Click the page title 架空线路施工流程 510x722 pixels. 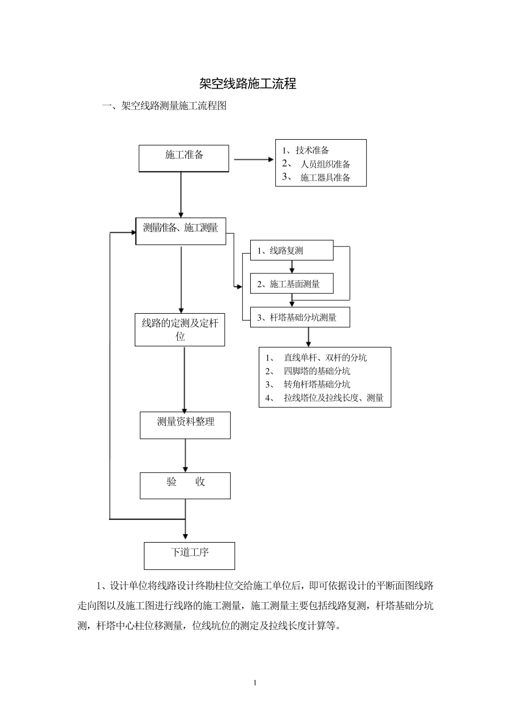pos(247,84)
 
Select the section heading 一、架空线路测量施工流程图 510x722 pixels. pos(164,106)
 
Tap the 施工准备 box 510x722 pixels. pos(184,158)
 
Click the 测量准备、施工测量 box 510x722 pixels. pos(181,231)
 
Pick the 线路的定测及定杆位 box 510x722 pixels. pos(180,330)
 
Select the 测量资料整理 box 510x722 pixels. pos(185,425)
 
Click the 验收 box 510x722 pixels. pos(185,485)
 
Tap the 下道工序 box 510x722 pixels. pos(189,555)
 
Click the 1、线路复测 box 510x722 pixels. pos(292,251)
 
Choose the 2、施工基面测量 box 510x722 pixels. pos(292,284)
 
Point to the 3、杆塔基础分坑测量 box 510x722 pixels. pos(300,317)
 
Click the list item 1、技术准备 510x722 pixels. pos(306,150)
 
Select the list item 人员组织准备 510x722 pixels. pos(325,164)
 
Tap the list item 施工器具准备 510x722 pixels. pos(325,178)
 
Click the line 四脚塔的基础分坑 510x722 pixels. pos(317,371)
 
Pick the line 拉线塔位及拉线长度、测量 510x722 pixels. pos(333,398)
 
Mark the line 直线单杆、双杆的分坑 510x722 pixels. pos(325,358)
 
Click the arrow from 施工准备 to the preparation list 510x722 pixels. pos(253,160)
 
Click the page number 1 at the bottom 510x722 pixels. pos(255,683)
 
